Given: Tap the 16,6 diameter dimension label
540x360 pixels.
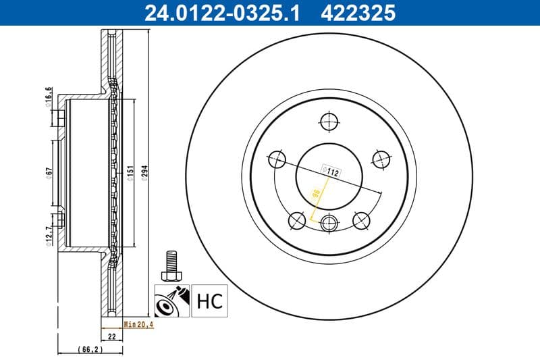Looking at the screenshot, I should click(x=49, y=96).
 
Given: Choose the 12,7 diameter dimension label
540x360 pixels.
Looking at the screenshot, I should click(x=49, y=236).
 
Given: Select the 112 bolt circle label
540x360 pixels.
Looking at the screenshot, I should click(x=332, y=172).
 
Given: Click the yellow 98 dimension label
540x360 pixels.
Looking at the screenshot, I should click(x=315, y=196).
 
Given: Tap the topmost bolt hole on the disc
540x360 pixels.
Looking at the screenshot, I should click(x=329, y=122).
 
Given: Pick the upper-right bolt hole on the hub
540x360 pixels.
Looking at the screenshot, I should click(x=381, y=158).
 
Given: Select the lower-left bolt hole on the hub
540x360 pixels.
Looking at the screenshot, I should click(x=296, y=220).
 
